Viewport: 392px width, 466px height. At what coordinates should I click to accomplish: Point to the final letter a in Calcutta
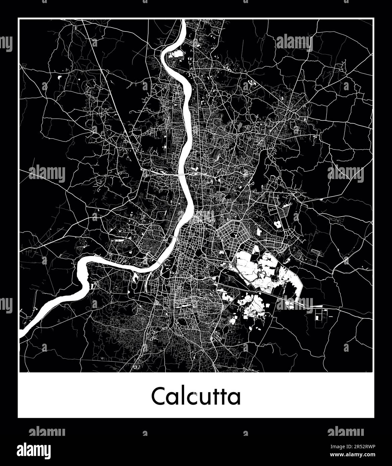[235, 398]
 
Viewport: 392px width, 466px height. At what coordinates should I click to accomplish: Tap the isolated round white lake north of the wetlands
[278, 224]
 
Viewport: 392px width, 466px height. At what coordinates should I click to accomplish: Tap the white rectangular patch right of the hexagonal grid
[259, 232]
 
